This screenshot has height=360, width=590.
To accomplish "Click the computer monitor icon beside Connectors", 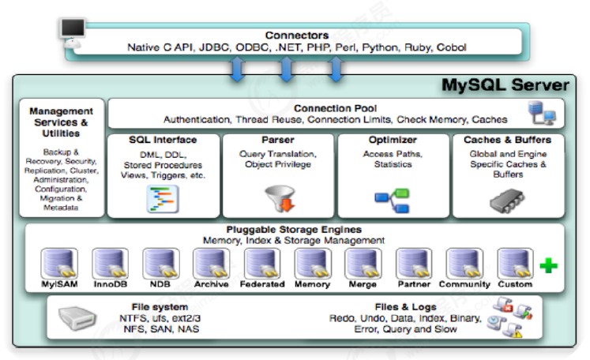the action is (x=73, y=33).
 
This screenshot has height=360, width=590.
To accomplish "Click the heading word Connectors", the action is (x=297, y=36).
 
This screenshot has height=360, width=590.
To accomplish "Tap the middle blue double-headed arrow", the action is (x=287, y=69).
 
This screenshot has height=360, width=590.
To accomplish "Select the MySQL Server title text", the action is (x=505, y=85).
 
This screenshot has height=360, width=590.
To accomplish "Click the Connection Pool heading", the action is (x=335, y=108).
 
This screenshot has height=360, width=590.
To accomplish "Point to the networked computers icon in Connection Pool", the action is (x=542, y=113).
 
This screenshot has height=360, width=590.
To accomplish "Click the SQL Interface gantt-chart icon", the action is (x=163, y=200).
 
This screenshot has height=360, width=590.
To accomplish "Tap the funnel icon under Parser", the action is (x=280, y=198).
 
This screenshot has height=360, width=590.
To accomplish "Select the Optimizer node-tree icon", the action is (x=392, y=201).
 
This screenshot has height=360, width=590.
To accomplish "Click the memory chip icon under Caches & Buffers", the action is (x=506, y=201).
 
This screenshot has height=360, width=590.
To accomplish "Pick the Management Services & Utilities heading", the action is (x=62, y=122).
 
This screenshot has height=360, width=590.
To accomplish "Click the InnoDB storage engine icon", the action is (x=111, y=264).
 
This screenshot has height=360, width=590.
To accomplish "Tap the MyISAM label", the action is (x=59, y=284).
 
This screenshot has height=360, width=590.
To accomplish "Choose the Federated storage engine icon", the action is (x=262, y=264).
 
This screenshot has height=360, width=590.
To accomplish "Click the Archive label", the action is (x=212, y=284).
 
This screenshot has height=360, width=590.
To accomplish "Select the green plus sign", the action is (x=549, y=265).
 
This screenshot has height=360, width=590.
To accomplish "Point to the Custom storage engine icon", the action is (x=515, y=264).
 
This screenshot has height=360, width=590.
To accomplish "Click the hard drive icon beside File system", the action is (x=77, y=318).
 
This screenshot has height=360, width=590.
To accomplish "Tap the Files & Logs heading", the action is (x=406, y=307).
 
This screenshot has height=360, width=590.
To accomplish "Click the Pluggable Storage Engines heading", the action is (x=294, y=230).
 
